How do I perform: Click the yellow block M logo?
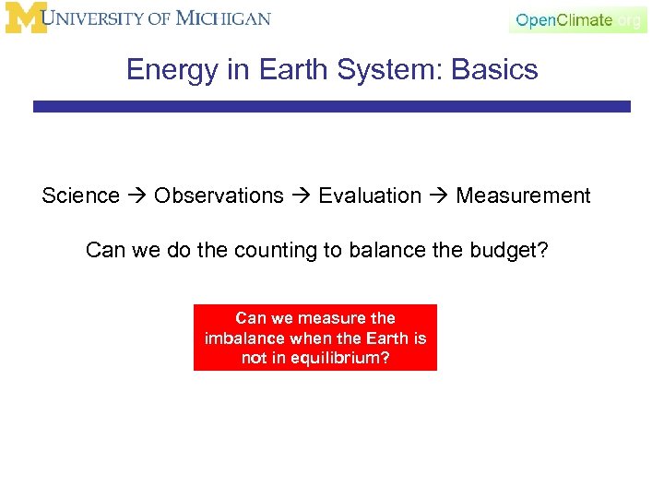(x=25, y=18)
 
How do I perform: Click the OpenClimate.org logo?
(x=577, y=19)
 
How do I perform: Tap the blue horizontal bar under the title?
(x=332, y=107)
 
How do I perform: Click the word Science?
(x=80, y=196)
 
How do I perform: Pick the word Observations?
(x=219, y=196)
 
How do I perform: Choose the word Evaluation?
(x=369, y=196)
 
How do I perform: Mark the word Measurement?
(x=523, y=196)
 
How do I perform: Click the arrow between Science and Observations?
(x=136, y=196)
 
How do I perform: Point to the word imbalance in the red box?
(x=243, y=338)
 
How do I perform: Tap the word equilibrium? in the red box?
(x=340, y=358)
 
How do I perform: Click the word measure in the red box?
(x=309, y=318)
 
